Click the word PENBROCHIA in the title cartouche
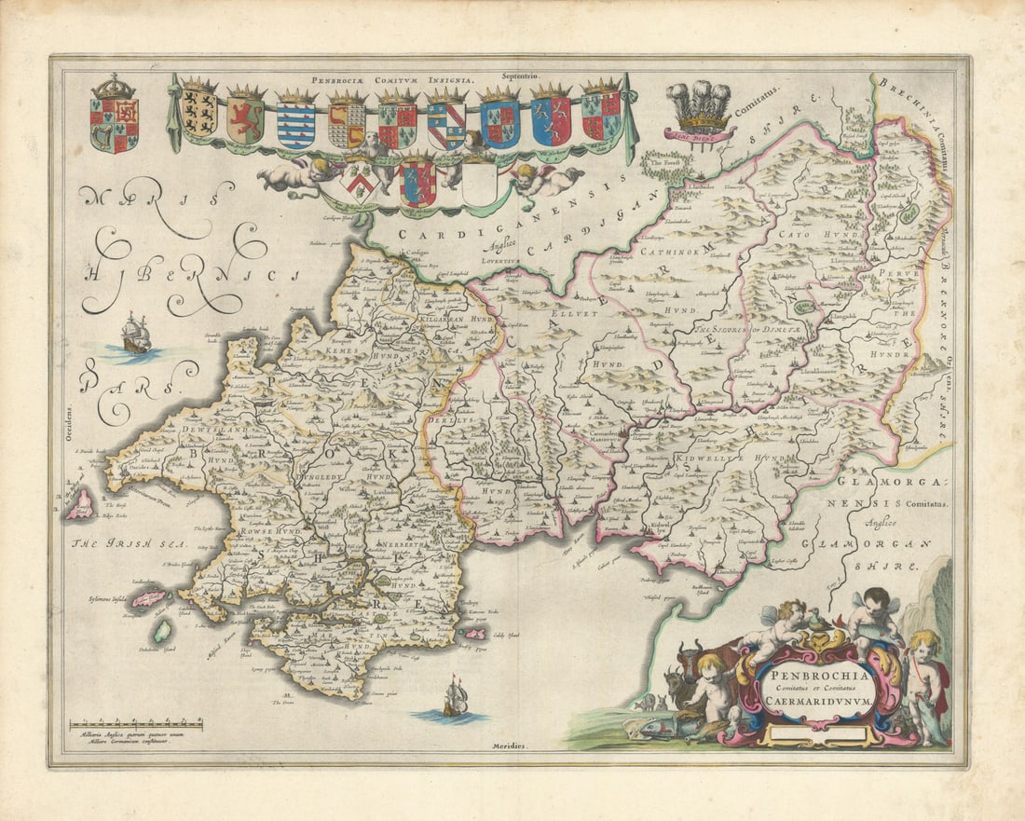tap(814, 674)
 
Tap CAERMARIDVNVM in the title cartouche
tap(814, 704)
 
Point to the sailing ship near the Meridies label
tap(455, 697)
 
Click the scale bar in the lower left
tap(136, 722)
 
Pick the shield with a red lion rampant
tap(246, 117)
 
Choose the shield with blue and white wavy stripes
tap(296, 120)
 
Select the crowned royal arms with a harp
tap(114, 116)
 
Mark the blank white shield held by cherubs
tap(481, 183)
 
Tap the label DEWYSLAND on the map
tap(217, 430)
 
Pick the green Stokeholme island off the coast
tap(163, 631)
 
